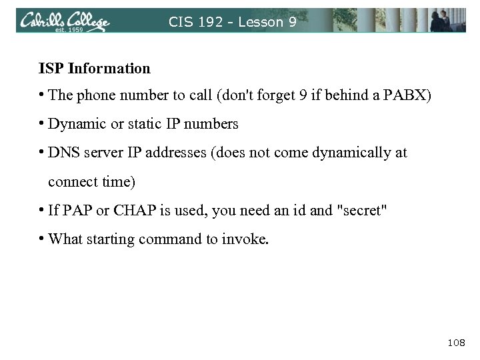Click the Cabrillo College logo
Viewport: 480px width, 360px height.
pos(64,21)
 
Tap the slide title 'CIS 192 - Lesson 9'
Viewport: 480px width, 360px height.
pos(233,21)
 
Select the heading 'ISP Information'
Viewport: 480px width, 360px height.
pos(94,68)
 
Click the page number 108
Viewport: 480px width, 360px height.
pos(456,342)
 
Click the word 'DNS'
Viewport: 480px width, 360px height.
pos(63,153)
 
